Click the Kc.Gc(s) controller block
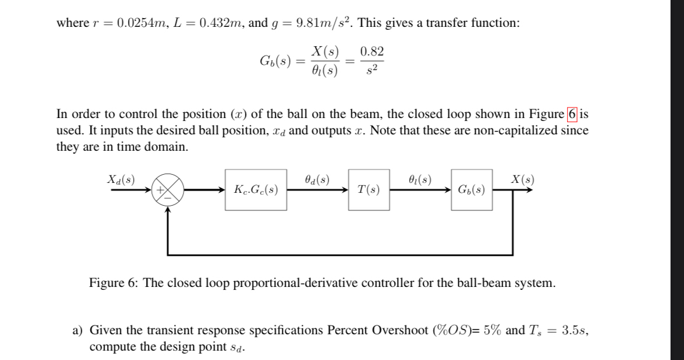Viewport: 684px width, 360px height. (255, 189)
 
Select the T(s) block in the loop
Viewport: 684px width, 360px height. (369, 189)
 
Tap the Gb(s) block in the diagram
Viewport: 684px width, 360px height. (471, 189)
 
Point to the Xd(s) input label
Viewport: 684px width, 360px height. (120, 179)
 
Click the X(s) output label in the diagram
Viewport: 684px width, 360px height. (521, 179)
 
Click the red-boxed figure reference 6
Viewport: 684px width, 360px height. (572, 113)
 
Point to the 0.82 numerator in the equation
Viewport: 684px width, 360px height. (372, 51)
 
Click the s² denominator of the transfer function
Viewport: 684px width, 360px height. (372, 71)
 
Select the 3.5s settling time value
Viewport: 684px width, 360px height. (574, 330)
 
